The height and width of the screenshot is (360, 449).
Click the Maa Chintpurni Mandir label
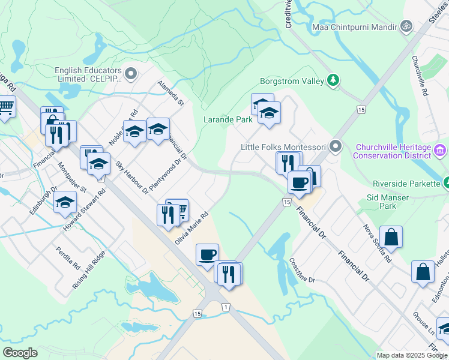[x=354, y=27]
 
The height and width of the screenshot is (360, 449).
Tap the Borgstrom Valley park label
[x=292, y=80]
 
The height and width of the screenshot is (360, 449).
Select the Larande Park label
[x=228, y=119]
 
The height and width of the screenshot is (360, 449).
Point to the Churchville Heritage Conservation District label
[x=393, y=151]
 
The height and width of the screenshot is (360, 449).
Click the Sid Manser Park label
[x=387, y=202]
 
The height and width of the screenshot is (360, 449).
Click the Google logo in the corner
[x=20, y=353]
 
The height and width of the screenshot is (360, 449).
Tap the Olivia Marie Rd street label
[x=191, y=227]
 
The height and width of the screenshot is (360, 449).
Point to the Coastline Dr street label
[x=302, y=271]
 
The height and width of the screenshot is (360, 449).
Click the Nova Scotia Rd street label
[x=377, y=244]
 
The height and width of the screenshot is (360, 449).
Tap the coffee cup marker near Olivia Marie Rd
[x=207, y=254]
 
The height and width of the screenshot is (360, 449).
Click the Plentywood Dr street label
[x=164, y=175]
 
